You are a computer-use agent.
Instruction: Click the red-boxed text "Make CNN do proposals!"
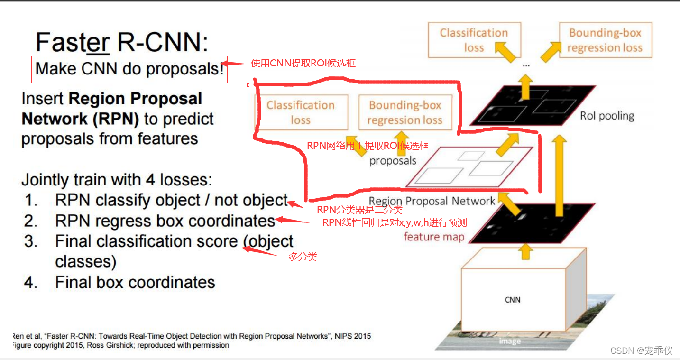129,69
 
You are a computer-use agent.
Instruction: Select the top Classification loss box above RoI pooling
474,40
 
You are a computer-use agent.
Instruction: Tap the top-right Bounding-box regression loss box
605,40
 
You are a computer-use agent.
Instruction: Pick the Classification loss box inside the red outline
301,112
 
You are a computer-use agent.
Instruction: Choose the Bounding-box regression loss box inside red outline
405,112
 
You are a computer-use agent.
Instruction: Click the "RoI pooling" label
607,116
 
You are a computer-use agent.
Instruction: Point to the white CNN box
512,300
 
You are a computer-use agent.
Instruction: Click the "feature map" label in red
434,237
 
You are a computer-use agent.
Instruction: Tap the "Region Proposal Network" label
432,201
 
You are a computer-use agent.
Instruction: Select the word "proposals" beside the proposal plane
393,161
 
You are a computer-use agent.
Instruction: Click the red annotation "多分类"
303,257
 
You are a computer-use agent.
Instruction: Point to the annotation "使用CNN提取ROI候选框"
303,63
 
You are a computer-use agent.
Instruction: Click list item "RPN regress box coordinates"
165,221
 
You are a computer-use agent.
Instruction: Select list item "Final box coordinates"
135,282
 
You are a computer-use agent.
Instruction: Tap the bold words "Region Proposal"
135,99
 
